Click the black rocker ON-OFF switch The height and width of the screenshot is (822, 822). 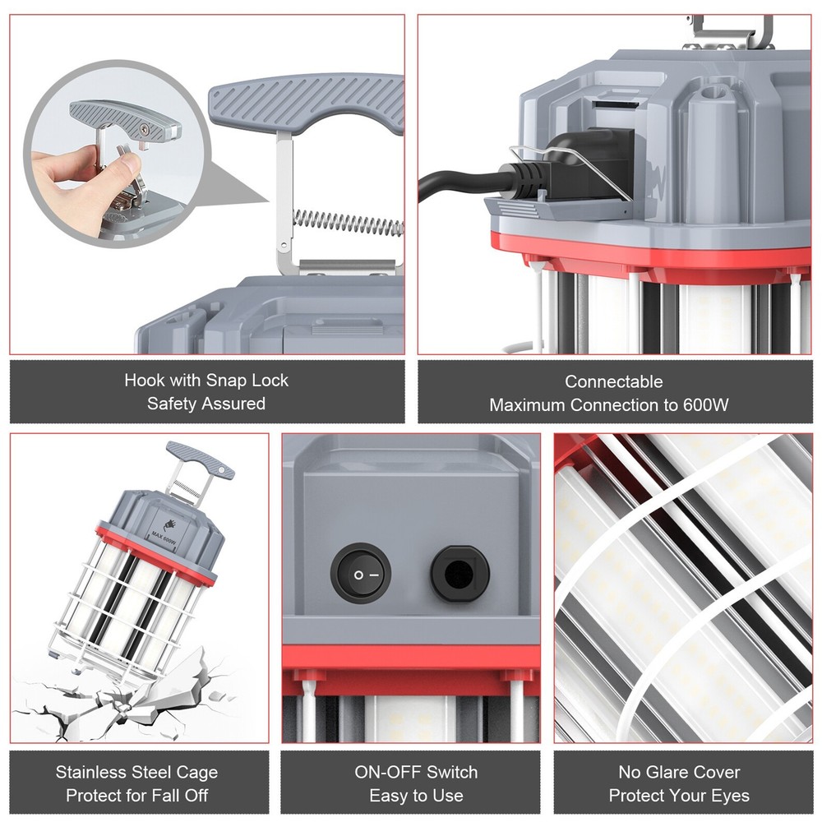361,574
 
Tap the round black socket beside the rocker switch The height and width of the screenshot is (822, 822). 459,574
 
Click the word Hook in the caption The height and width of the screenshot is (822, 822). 142,380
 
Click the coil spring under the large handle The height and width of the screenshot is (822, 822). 348,222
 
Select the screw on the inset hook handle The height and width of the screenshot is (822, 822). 144,127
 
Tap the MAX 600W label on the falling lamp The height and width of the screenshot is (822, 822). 164,536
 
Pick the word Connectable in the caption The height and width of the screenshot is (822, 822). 614,381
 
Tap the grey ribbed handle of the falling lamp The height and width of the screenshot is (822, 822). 200,459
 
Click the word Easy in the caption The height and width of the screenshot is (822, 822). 386,796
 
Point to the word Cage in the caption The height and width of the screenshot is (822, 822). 196,773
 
